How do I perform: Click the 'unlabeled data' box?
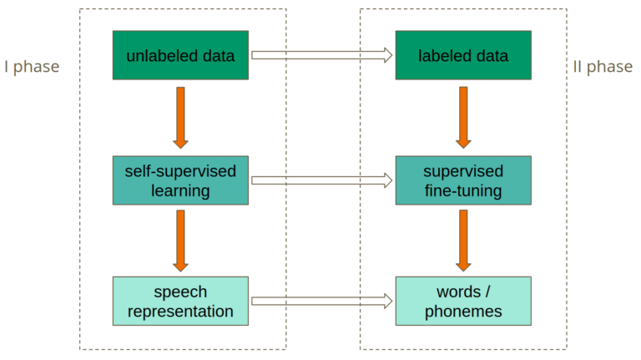(180, 55)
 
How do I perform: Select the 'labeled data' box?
(462, 55)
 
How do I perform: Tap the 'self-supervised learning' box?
(180, 180)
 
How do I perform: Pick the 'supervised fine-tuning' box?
(462, 180)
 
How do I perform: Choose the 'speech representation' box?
(180, 301)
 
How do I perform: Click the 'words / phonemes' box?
(462, 301)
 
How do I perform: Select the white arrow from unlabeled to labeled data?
(321, 55)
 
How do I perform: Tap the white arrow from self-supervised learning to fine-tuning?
(321, 180)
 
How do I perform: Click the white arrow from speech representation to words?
(321, 301)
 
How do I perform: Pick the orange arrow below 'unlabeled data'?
(180, 117)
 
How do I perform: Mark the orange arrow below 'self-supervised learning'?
(180, 240)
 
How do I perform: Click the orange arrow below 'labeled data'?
(462, 117)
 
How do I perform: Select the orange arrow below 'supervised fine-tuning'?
(462, 240)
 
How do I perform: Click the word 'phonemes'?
(462, 312)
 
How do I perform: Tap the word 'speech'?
(180, 292)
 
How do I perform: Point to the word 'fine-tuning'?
(462, 191)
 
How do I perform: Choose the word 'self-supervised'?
(180, 171)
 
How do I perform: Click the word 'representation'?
(180, 312)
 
